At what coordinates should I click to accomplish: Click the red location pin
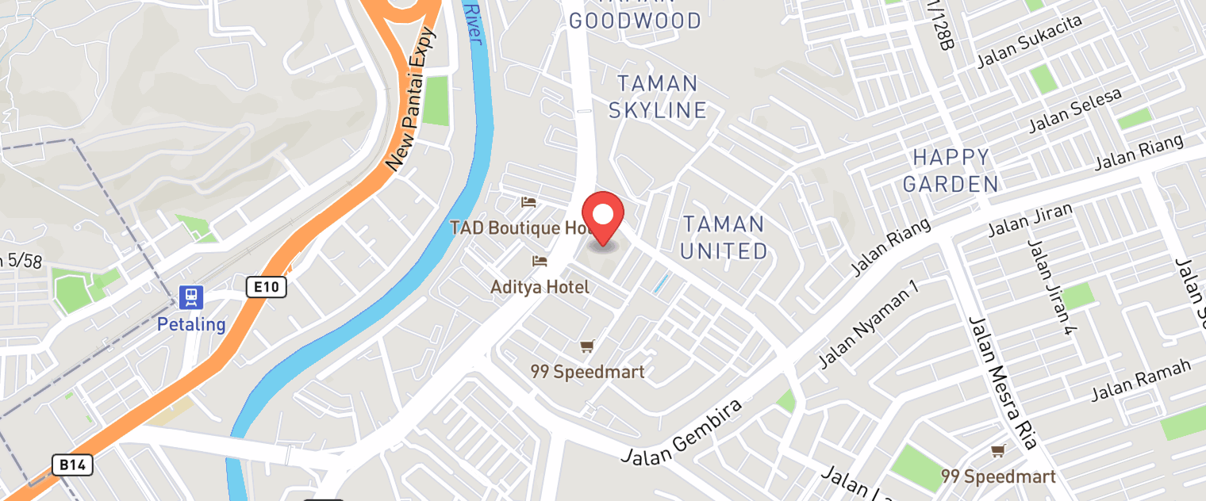coord(603,216)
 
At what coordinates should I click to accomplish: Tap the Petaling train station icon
coord(191,298)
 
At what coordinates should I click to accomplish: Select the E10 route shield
coord(266,287)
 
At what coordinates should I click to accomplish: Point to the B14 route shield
coord(72,465)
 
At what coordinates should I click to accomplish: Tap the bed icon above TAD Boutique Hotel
coord(528,203)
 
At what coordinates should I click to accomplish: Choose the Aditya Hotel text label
coord(540,287)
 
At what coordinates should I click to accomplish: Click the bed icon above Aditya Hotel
coord(540,261)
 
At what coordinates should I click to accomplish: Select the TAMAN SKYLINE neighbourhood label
coord(657,96)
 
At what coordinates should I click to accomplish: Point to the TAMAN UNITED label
coord(724,237)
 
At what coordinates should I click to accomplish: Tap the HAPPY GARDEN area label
coord(951,170)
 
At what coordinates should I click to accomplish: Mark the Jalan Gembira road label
coord(682,433)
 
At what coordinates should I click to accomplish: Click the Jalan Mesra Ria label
coord(1002,381)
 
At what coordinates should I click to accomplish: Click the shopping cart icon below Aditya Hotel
coord(587,346)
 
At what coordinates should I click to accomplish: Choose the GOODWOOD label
coord(635,21)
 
